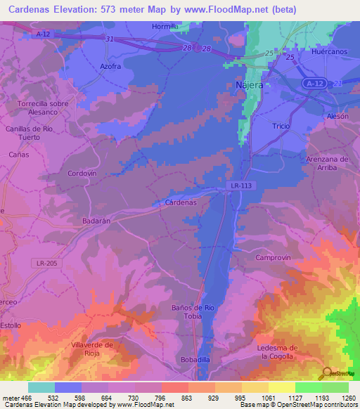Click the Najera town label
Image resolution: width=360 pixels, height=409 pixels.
[247, 85]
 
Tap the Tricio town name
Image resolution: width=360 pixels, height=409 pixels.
[281, 125]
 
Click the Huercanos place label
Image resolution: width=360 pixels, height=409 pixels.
[329, 52]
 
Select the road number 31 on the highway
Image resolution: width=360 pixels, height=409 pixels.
[109, 39]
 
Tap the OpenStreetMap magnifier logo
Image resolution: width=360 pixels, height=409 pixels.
[326, 372]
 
